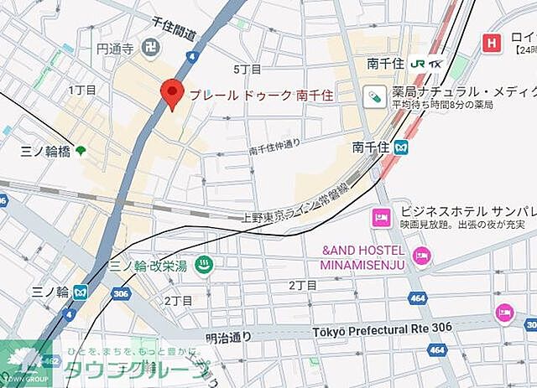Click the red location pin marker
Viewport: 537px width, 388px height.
point(172,94)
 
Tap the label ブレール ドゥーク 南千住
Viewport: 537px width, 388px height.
point(260,95)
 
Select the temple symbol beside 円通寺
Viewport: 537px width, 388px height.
point(151,48)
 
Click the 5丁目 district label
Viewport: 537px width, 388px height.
point(248,69)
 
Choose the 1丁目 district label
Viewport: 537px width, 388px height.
point(82,90)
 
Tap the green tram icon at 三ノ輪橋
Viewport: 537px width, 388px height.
point(81,151)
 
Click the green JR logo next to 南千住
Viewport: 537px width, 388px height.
point(418,63)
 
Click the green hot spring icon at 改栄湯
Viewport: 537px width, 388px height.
point(202,266)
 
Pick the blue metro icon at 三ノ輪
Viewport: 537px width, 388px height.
point(81,292)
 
